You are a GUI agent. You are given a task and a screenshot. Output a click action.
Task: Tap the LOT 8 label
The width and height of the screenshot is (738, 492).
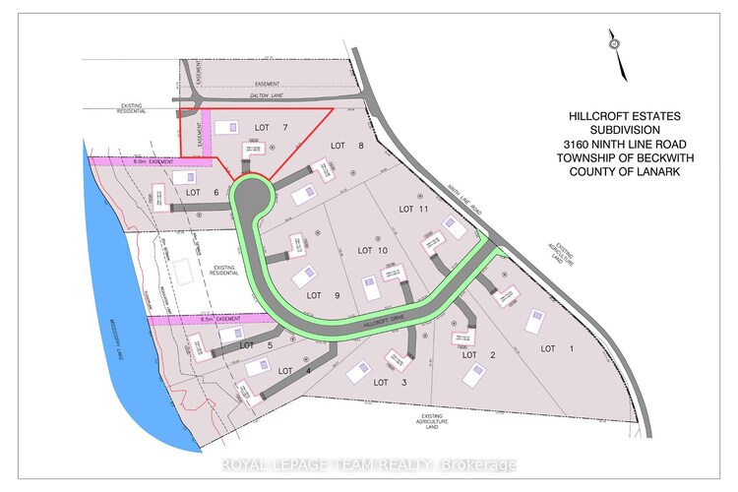(339, 147)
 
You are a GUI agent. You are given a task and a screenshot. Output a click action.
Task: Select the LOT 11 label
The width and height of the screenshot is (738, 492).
(414, 209)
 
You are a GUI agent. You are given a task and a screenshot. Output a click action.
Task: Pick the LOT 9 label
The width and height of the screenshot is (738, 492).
(316, 295)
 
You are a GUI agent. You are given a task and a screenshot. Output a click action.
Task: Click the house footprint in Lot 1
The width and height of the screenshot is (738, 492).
(534, 320)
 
